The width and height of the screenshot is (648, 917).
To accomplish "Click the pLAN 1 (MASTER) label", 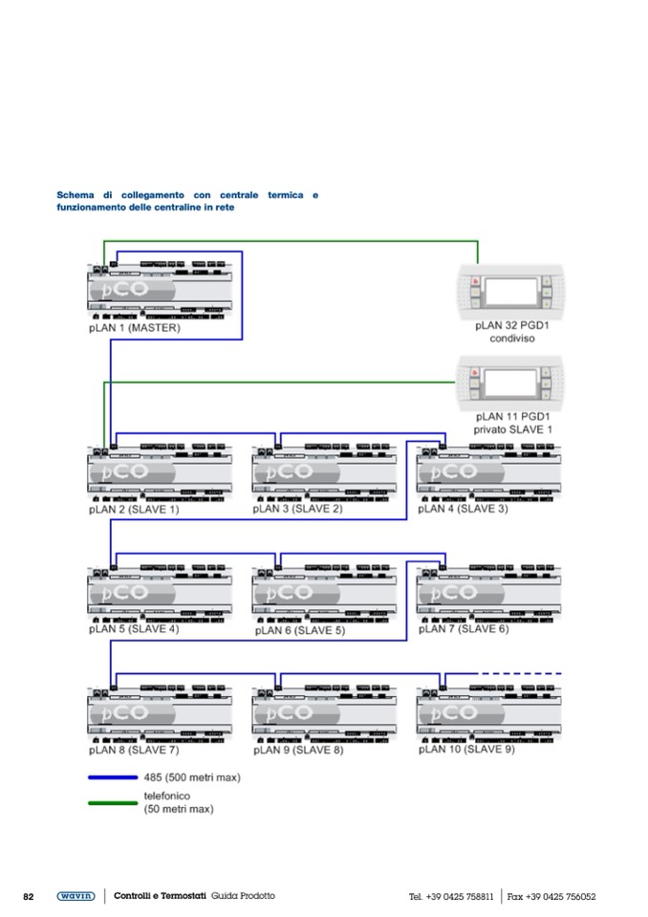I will [x=134, y=327].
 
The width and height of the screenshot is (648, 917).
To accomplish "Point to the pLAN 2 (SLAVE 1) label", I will [x=134, y=510].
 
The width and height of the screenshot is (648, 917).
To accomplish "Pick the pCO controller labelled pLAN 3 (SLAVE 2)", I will [x=324, y=472].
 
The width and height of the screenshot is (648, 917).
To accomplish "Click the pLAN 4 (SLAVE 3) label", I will [x=463, y=509].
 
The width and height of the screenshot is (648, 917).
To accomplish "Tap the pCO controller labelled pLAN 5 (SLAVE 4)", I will [x=161, y=593].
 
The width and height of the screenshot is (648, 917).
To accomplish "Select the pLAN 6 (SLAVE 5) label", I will [x=299, y=631].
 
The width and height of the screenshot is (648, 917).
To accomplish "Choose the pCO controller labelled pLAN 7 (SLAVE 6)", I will [x=489, y=593].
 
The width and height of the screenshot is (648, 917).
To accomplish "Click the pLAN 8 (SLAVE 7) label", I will [x=134, y=751].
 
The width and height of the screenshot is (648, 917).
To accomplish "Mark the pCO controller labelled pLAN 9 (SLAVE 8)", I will [x=324, y=713].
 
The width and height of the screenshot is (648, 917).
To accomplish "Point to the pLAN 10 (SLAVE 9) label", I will [x=466, y=750].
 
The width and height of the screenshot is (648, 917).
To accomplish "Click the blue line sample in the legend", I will [x=112, y=777].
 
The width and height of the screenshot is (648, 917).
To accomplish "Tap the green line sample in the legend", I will [x=112, y=802].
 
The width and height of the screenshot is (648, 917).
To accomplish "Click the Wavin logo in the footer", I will [x=76, y=896].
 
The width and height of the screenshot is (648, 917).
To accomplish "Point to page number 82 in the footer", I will [x=29, y=897].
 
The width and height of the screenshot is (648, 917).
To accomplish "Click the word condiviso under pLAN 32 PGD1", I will [x=511, y=338].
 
